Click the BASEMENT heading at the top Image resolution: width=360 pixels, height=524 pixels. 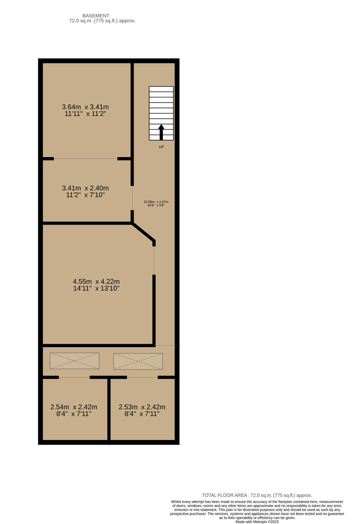[x=96, y=15]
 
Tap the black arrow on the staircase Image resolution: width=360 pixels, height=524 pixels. [x=161, y=131]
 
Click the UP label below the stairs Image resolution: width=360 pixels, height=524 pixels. [x=161, y=147]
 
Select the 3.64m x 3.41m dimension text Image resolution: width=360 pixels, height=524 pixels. [x=85, y=107]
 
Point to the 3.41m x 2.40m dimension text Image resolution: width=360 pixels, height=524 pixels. [x=85, y=188]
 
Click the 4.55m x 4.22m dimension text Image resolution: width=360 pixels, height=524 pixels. [x=97, y=282]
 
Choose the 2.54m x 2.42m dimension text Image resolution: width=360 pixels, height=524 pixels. [x=74, y=407]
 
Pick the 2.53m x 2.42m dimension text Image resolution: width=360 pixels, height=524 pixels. [x=142, y=407]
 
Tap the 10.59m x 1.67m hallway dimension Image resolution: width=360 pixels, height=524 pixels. [x=156, y=202]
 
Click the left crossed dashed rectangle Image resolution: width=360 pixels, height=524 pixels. [x=74, y=361]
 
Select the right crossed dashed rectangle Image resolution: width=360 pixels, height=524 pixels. [x=138, y=361]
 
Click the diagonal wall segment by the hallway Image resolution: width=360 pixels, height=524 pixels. [x=143, y=232]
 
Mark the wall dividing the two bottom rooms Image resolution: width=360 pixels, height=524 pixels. [x=109, y=409]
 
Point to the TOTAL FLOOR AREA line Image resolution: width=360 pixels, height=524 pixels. [x=257, y=495]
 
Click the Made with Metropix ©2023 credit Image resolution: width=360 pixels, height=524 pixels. [x=257, y=521]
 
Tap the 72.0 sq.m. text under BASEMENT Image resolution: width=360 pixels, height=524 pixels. [x=103, y=21]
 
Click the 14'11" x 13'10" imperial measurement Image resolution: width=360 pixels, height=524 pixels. [x=97, y=288]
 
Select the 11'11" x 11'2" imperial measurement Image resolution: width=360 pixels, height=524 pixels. [x=85, y=114]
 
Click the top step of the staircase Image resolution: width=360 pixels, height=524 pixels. [x=161, y=89]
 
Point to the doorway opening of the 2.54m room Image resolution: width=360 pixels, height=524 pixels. [x=74, y=377]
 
